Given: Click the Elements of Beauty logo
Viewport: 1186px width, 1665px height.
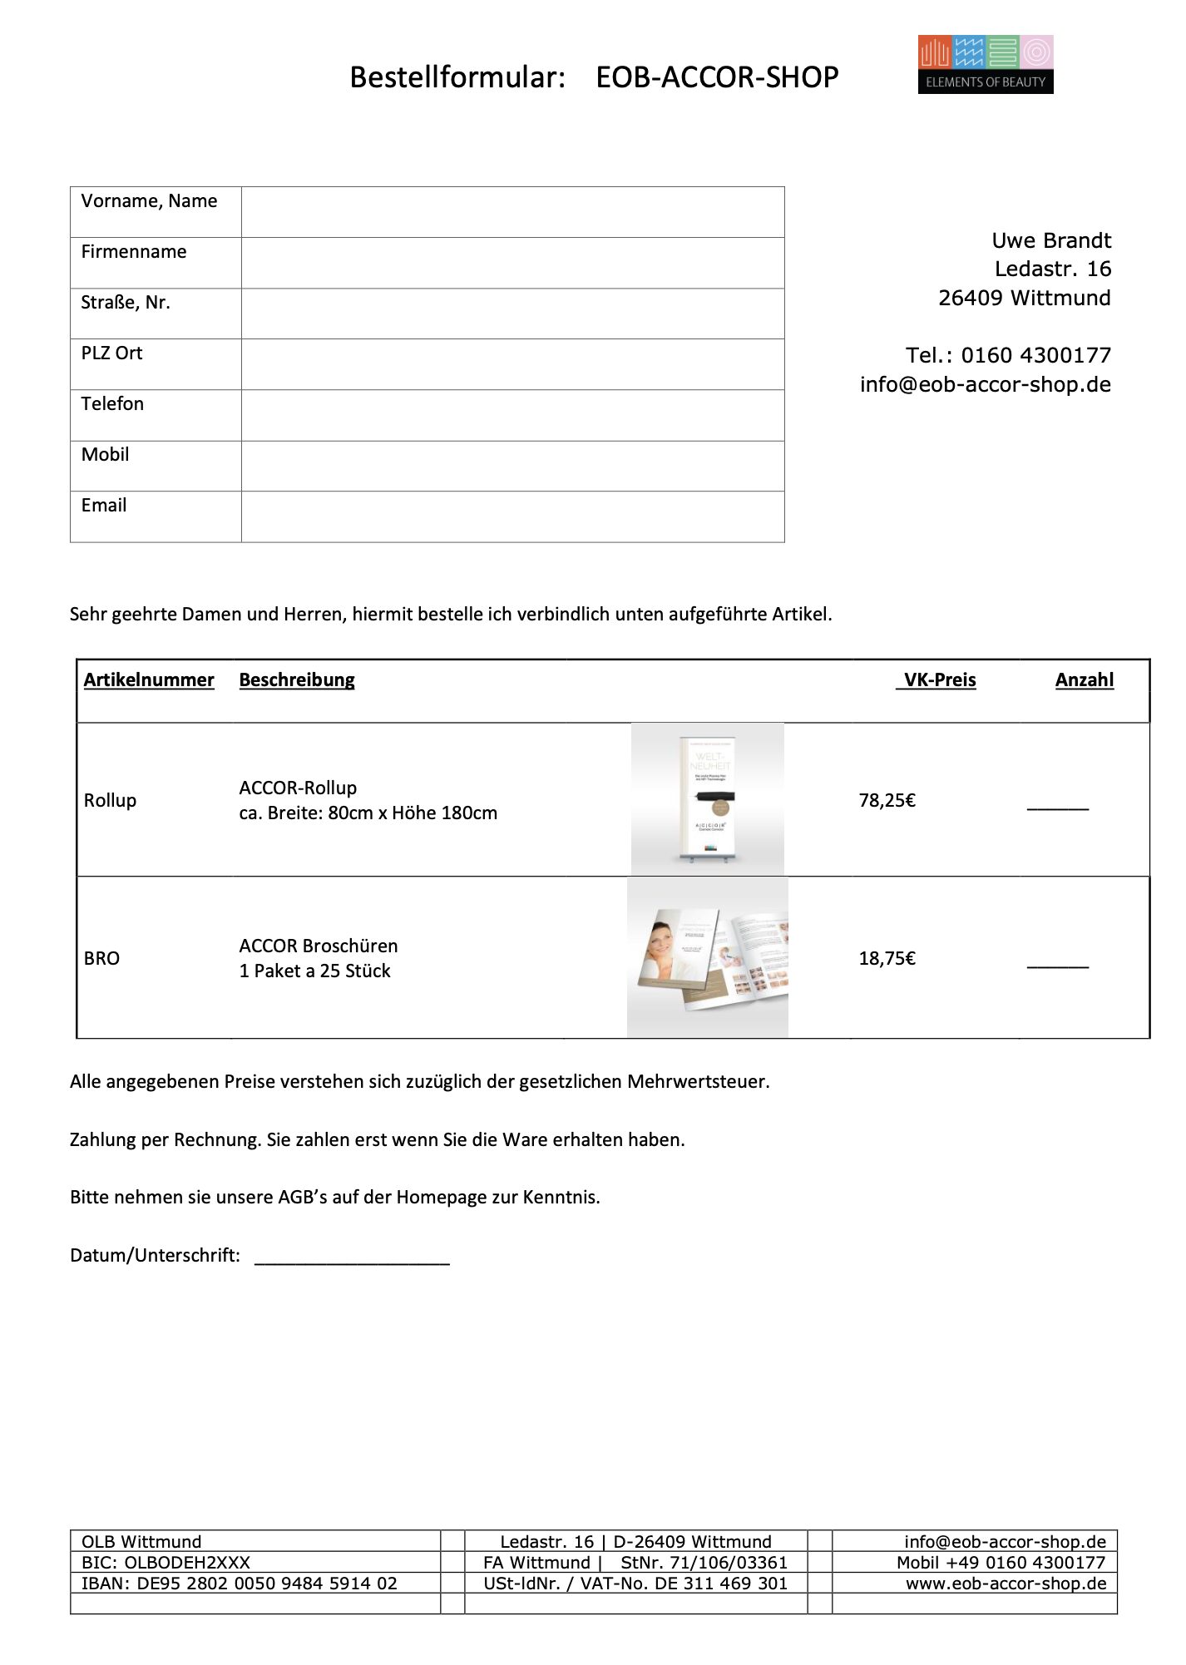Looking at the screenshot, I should tap(986, 64).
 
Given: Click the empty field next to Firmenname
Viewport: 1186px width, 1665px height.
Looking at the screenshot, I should tap(512, 263).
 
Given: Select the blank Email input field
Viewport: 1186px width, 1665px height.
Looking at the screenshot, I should tap(512, 516).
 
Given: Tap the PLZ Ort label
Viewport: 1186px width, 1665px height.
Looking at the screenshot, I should tap(111, 353).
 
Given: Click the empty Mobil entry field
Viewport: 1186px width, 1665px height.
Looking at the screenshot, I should tap(512, 466).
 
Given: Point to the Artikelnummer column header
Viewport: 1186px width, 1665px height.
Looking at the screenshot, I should tap(149, 680).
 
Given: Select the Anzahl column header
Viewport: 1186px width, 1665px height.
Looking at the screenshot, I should tap(1084, 680).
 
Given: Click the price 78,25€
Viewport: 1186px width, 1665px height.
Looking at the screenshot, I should tap(887, 801).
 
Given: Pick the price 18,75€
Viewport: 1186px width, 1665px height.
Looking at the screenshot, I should tap(887, 959).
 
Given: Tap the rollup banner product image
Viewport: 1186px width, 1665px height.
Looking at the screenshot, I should tap(707, 799).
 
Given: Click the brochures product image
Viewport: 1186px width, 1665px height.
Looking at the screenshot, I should tap(708, 957).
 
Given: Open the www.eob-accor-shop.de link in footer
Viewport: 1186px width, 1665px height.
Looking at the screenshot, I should tap(1006, 1583).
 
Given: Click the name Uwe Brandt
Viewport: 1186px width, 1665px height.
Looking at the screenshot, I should tap(1051, 241).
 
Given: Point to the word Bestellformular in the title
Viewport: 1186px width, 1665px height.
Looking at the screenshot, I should tap(457, 77).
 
